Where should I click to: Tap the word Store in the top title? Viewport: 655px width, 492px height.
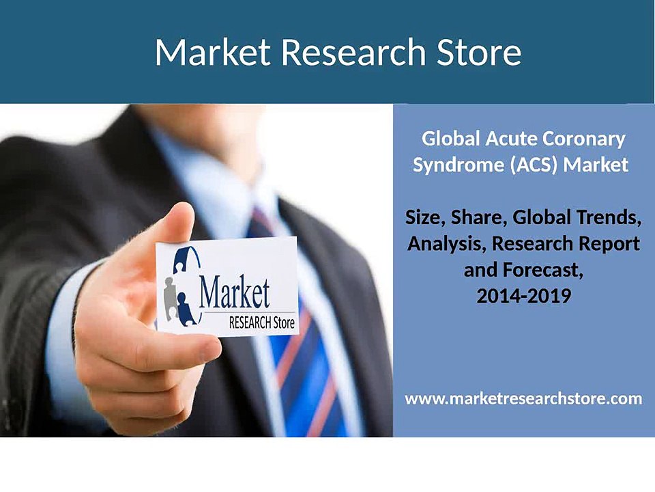[484, 52]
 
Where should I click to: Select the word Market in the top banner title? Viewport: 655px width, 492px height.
[212, 52]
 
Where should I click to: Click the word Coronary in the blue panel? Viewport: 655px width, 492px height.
[584, 139]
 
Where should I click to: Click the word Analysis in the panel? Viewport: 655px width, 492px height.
[444, 244]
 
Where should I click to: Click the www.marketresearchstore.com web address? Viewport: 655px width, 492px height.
[523, 398]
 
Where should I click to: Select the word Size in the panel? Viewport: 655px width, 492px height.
[423, 218]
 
